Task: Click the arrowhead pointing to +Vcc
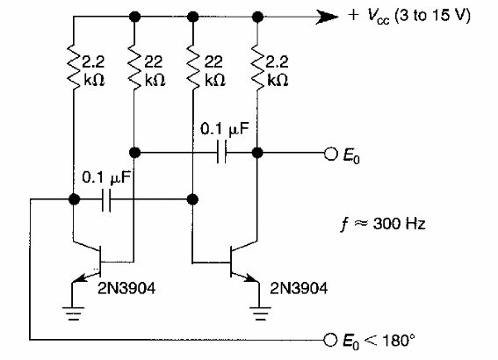pyautogui.click(x=326, y=17)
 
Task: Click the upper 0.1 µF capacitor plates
pyautogui.click(x=221, y=153)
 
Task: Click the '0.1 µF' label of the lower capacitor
pyautogui.click(x=105, y=176)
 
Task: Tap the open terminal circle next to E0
pyautogui.click(x=329, y=153)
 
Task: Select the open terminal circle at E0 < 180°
pyautogui.click(x=329, y=338)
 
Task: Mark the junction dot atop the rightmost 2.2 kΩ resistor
pyautogui.click(x=256, y=17)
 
